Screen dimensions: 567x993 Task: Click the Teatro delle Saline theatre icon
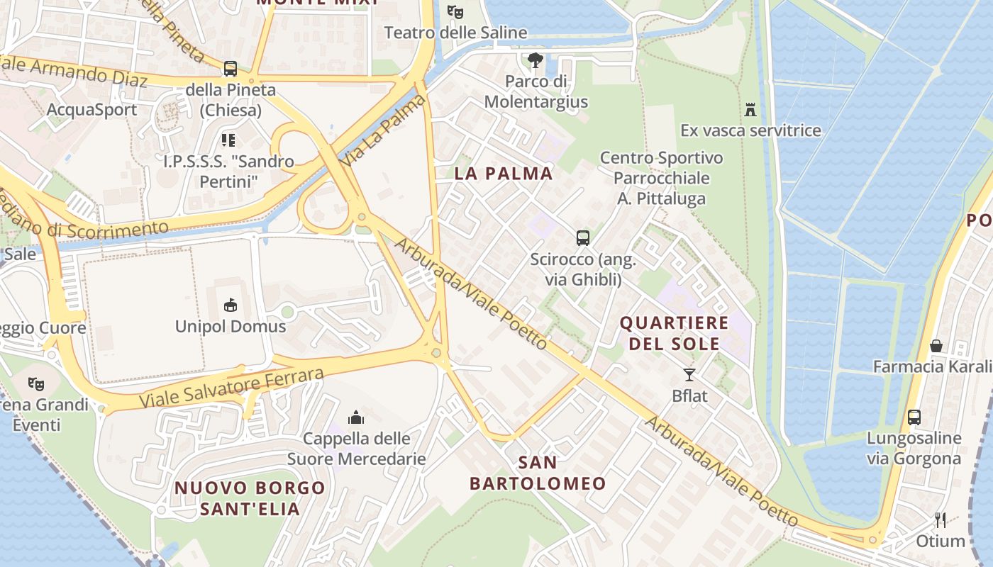[x=455, y=12]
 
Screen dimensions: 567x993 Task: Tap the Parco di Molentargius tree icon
[x=535, y=60]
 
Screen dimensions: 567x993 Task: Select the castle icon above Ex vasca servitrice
[x=750, y=109]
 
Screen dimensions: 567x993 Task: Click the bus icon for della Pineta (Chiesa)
[x=231, y=69]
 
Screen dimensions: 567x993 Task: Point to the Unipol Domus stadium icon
[x=231, y=305]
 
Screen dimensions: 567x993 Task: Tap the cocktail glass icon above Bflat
[x=689, y=374]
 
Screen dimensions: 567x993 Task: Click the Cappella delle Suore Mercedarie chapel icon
[x=356, y=417]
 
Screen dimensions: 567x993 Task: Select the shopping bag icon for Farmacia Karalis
[x=936, y=346]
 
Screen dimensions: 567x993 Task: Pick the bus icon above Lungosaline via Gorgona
[x=914, y=417]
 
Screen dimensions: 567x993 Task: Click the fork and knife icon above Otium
[x=941, y=520]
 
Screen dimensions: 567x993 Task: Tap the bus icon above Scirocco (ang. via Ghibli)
[x=583, y=238]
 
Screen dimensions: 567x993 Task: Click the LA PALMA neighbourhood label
[x=504, y=174]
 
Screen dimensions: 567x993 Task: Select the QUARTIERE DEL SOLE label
[x=674, y=333]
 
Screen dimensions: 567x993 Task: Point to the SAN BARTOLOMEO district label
[x=538, y=473]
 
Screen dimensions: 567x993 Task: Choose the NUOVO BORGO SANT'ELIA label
[x=250, y=498]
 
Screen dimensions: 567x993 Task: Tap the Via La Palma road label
[x=383, y=131]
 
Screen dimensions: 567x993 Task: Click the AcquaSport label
[x=91, y=110]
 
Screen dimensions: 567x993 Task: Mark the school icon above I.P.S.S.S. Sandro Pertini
[x=228, y=140]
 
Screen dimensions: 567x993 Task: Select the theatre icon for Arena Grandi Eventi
[x=36, y=384]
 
